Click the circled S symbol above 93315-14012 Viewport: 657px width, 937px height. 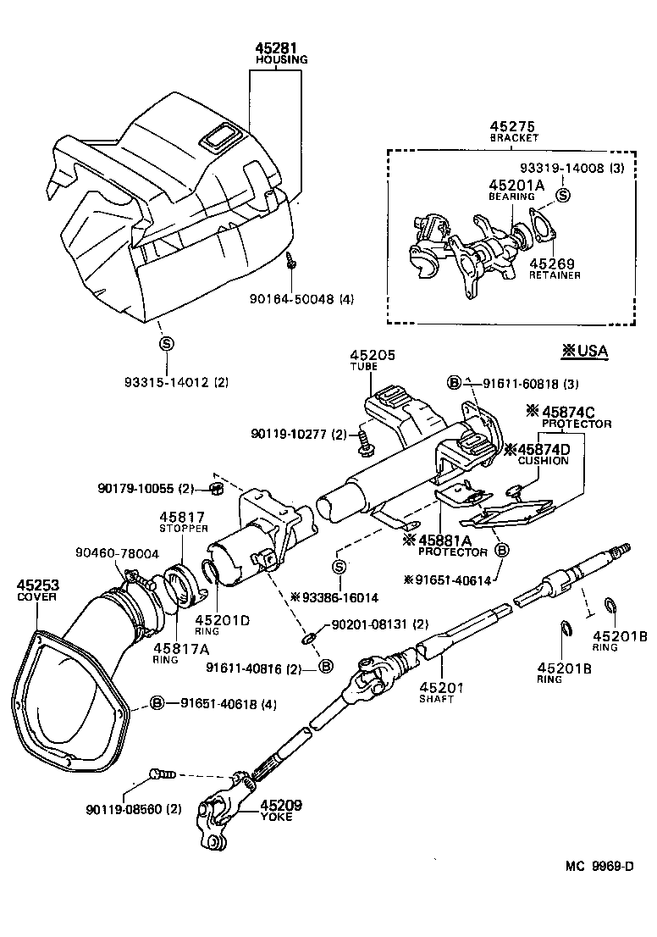coord(167,343)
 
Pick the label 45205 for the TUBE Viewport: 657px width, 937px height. coord(373,357)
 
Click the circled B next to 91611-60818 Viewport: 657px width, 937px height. coord(455,383)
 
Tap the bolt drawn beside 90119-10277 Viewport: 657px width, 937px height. coord(365,439)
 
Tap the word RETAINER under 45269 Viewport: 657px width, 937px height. coord(555,275)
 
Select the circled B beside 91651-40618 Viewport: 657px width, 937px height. coord(157,703)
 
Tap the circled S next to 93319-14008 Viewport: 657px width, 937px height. coord(563,195)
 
